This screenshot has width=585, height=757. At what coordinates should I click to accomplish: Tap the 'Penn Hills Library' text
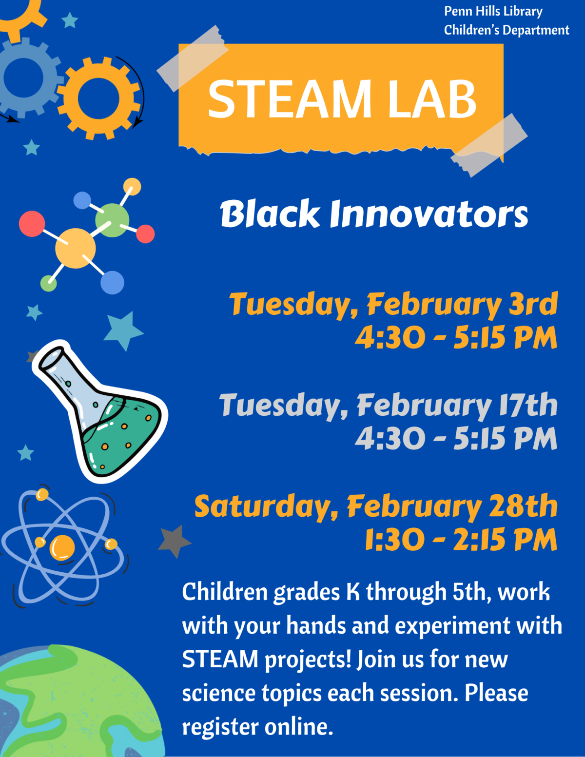click(x=493, y=11)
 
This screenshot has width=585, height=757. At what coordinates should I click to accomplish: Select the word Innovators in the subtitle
click(x=429, y=214)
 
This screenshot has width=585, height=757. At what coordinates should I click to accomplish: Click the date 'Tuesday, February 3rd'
click(x=393, y=304)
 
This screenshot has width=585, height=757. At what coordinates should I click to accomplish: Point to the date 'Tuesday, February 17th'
click(x=388, y=406)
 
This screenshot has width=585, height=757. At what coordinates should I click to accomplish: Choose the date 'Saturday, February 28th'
click(x=376, y=506)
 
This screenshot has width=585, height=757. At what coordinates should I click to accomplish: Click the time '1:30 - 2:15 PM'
click(x=461, y=540)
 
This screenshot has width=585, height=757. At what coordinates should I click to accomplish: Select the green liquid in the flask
click(x=122, y=434)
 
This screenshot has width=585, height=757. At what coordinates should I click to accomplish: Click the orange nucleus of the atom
click(x=62, y=546)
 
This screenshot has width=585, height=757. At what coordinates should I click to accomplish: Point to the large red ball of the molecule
click(x=32, y=224)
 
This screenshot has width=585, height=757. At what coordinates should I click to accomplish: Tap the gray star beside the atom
click(x=174, y=541)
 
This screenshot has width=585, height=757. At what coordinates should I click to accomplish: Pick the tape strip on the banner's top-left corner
click(x=192, y=58)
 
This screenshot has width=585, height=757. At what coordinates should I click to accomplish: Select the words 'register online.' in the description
click(x=257, y=727)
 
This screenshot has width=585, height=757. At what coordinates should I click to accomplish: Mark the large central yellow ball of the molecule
click(x=75, y=248)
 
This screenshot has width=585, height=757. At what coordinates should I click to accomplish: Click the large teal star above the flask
click(x=123, y=330)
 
